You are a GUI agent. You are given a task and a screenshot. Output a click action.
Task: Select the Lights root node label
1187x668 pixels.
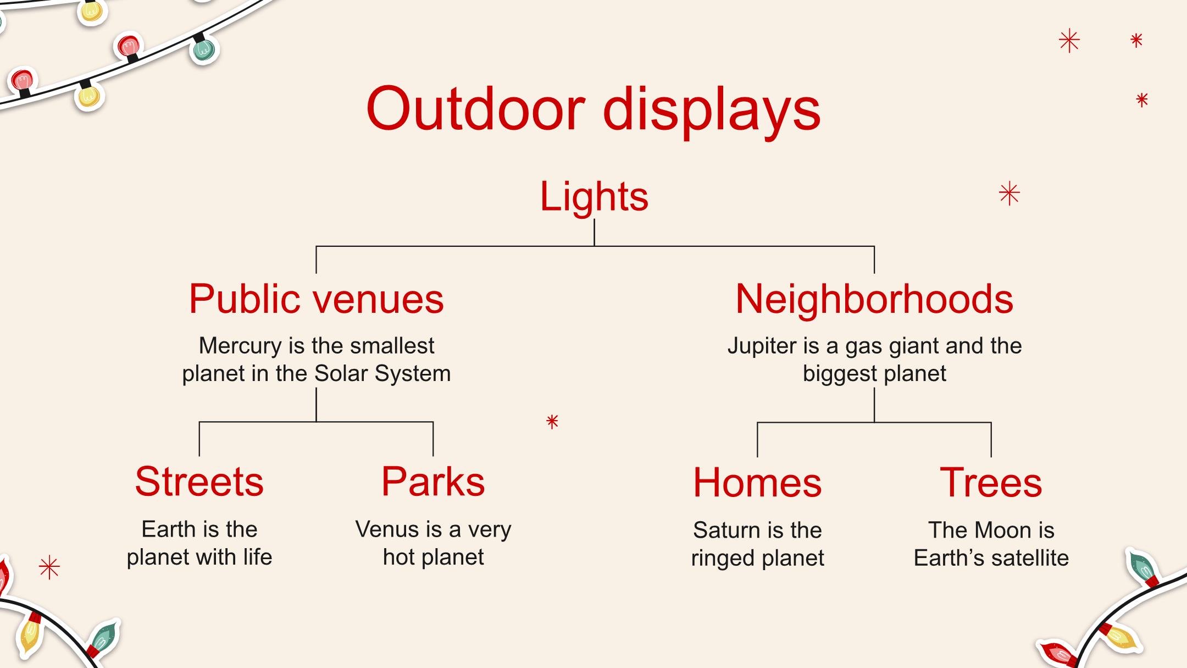tap(594, 196)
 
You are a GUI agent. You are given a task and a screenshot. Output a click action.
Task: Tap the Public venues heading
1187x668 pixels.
tap(316, 299)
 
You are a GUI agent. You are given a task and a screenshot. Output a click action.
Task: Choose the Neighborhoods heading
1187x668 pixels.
tap(874, 300)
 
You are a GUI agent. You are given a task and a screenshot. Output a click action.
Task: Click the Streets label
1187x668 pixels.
tap(199, 482)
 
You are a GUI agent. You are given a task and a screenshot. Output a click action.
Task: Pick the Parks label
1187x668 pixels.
tap(433, 482)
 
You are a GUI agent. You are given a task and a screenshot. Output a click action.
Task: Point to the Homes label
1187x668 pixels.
tap(757, 483)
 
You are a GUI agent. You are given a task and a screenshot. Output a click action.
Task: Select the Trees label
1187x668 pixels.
tap(991, 483)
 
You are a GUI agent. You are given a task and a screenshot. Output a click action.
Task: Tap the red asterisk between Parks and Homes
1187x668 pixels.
tap(552, 422)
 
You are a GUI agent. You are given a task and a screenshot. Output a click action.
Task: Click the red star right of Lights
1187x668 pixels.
tap(1009, 194)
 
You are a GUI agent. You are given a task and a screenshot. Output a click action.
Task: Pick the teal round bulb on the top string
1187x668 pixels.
tap(204, 49)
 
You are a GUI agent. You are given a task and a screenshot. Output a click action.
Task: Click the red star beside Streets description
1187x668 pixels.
tap(49, 568)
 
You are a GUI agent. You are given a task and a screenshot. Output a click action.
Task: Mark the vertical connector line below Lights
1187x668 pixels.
tap(594, 233)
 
